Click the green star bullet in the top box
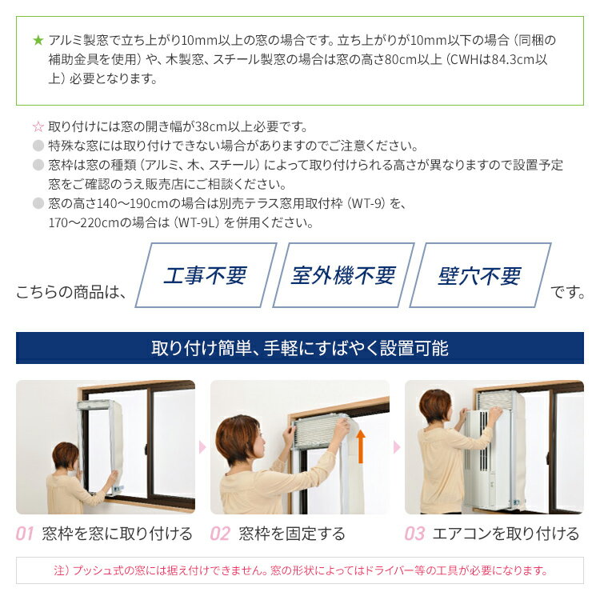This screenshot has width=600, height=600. click(x=38, y=40)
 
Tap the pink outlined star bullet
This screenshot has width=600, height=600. click(x=38, y=126)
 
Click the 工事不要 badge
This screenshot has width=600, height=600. click(x=206, y=275)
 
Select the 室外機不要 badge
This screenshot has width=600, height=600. click(x=343, y=275)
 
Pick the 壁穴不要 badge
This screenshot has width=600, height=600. click(x=480, y=275)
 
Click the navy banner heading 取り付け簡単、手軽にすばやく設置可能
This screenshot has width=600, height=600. click(x=300, y=348)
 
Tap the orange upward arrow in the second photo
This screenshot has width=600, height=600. click(x=361, y=446)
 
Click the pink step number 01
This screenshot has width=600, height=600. click(x=25, y=534)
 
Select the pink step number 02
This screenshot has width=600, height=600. click(x=220, y=534)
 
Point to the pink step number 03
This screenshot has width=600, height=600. click(x=414, y=534)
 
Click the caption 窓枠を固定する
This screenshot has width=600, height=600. click(x=292, y=534)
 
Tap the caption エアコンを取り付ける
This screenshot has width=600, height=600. click(x=506, y=534)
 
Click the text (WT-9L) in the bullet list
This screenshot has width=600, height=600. click(x=197, y=222)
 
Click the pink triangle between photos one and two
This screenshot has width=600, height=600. click(x=202, y=447)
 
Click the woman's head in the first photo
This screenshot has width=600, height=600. click(x=66, y=457)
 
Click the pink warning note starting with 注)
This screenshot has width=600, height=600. click(x=300, y=570)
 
